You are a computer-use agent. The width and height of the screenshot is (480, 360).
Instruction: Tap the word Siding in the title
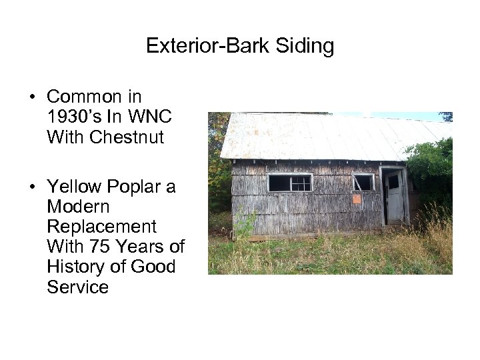click(303, 47)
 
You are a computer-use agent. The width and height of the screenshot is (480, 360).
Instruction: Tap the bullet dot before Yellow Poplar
click(32, 188)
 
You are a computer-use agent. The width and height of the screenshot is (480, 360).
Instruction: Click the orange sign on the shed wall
click(356, 199)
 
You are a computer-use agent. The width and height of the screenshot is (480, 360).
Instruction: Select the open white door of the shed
click(395, 196)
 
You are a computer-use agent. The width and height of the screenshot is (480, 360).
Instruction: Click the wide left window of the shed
click(289, 182)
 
